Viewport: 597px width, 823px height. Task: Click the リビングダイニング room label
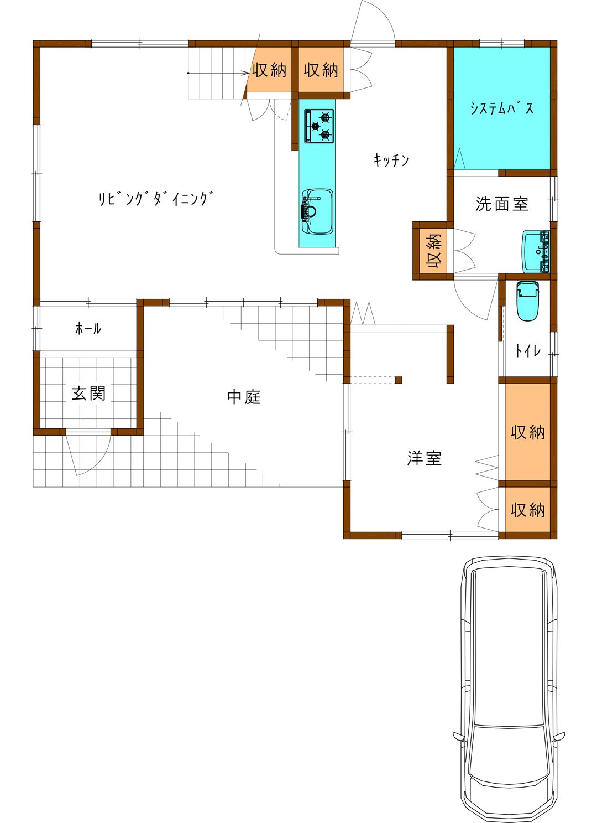coord(155,198)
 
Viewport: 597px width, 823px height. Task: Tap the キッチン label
coord(391,160)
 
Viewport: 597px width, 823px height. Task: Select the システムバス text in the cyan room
coord(502,108)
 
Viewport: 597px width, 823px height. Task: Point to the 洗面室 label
coord(501,204)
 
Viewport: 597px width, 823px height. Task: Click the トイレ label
coord(528,350)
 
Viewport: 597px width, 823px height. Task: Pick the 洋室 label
coord(424,458)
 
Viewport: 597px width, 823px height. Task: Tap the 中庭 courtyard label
coord(244,396)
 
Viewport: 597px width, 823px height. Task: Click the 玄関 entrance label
coord(88,393)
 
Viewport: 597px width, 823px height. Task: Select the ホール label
coord(88,328)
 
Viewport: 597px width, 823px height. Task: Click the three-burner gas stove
coord(319,126)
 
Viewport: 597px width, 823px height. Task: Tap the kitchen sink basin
coord(317,211)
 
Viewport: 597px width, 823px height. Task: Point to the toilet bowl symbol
coord(527,301)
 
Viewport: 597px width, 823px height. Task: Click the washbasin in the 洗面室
coord(536,252)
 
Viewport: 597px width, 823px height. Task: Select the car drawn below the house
coord(508,688)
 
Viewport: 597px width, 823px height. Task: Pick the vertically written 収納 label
coord(434,251)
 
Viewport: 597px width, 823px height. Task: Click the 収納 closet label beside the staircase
coord(269,70)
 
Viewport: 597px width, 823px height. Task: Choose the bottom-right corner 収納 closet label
coord(528,510)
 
